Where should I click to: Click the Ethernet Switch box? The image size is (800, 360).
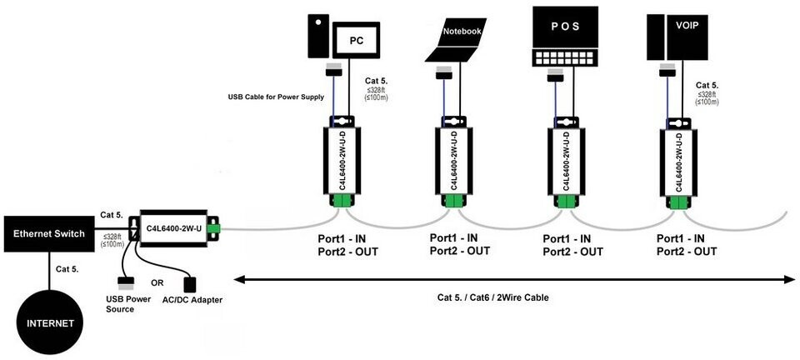[x=49, y=234]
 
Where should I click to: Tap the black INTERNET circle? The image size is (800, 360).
[x=49, y=322]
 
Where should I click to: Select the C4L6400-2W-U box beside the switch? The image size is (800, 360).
[x=172, y=227]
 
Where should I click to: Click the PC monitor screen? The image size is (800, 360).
[x=357, y=39]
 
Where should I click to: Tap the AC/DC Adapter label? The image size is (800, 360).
[x=192, y=299]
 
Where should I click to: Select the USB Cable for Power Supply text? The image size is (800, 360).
[x=276, y=97]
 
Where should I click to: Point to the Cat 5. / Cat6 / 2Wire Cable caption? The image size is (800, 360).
[x=493, y=297]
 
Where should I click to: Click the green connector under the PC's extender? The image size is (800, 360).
[x=342, y=201]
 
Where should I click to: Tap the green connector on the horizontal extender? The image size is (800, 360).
[x=213, y=227]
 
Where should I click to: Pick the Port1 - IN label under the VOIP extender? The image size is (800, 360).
[x=686, y=238]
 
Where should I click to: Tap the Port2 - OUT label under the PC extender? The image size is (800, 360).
[x=347, y=251]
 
